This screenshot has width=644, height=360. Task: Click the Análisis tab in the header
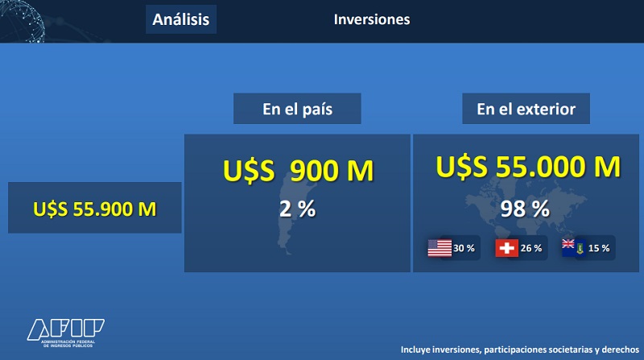[x=180, y=19]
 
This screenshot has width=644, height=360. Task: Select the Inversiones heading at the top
[x=372, y=19]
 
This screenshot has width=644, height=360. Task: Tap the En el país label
[x=297, y=109]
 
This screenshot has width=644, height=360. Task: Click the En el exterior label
[x=526, y=109]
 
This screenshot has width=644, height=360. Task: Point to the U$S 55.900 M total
[x=95, y=209]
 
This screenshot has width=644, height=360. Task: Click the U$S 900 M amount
[x=298, y=171]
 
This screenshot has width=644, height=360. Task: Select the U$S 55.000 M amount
[x=528, y=167]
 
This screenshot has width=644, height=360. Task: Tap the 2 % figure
[x=297, y=209]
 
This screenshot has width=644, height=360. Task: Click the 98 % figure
[x=525, y=209]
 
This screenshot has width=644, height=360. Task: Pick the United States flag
[x=440, y=248]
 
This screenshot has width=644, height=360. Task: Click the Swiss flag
[x=507, y=248]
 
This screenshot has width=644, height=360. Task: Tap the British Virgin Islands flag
[x=574, y=248]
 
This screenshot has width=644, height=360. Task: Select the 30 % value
[x=464, y=248]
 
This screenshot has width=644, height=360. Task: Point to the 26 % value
[x=531, y=248]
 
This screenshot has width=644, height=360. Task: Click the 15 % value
[x=599, y=248]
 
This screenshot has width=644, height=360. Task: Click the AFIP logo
[x=66, y=333]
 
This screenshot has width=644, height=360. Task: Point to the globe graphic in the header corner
[x=22, y=21]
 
